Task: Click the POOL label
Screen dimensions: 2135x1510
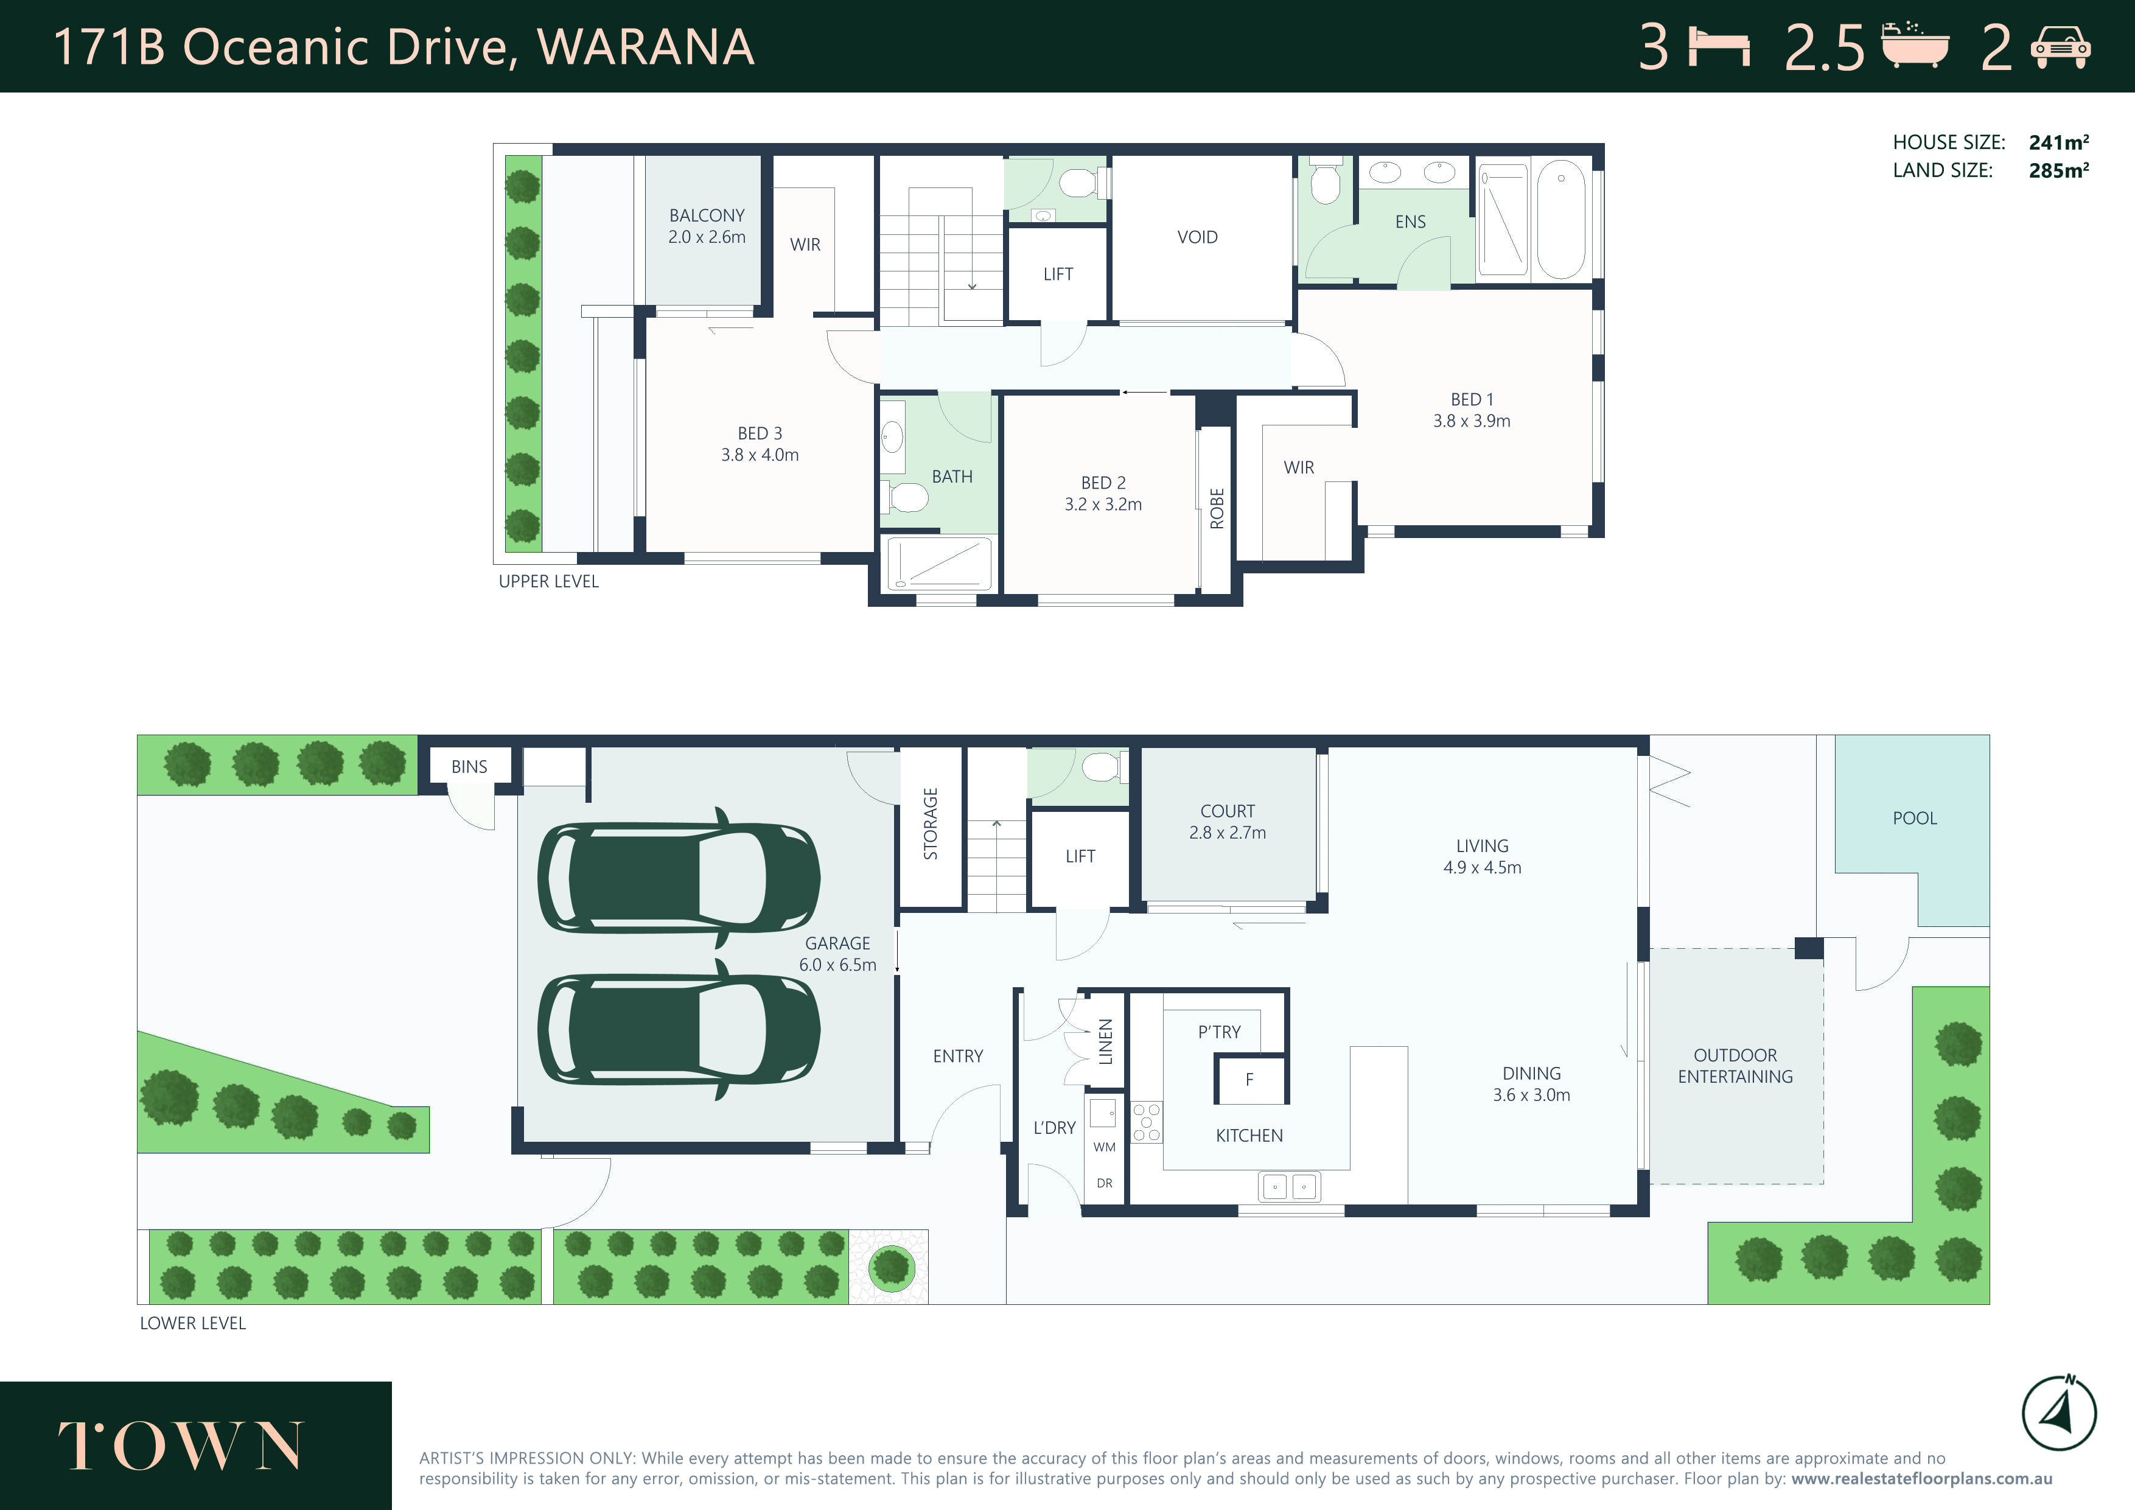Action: [1915, 818]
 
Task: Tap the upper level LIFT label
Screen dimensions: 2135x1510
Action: [1058, 274]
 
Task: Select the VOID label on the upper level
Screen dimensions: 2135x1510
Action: [1198, 237]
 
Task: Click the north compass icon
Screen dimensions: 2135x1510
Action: [2059, 1413]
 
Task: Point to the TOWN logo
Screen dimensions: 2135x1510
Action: [180, 1446]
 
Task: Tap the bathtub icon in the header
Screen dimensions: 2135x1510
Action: [1915, 44]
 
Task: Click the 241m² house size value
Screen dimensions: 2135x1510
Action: [2059, 142]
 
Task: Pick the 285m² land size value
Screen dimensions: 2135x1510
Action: [2059, 170]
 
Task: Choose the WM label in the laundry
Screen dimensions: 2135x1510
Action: [1105, 1147]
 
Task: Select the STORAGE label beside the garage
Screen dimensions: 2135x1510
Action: [931, 824]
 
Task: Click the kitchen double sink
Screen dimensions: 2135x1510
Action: [1289, 1186]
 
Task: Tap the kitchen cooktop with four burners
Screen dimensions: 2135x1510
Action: [1147, 1121]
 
